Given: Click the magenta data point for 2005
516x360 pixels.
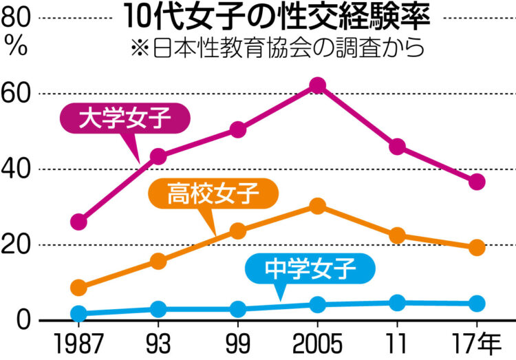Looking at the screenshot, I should click(317, 85).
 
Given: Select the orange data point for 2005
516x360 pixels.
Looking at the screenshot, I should click(317, 207).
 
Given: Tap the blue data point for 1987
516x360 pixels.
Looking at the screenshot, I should click(79, 314).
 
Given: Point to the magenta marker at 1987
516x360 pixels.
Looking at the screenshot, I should click(79, 222).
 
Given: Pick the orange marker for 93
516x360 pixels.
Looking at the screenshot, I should click(158, 261).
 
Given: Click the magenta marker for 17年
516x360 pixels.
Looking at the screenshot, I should click(477, 182).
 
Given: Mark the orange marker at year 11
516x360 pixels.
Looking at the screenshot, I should click(397, 236).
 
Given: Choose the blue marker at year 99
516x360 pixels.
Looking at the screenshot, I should click(238, 308).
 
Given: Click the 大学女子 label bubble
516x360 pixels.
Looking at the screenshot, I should click(124, 118).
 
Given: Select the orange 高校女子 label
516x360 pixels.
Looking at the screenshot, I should click(214, 193).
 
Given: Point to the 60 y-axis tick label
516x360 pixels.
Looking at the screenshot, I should click(18, 94).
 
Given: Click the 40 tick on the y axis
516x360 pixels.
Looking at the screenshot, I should click(18, 169).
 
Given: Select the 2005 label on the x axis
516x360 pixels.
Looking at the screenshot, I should click(317, 342).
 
